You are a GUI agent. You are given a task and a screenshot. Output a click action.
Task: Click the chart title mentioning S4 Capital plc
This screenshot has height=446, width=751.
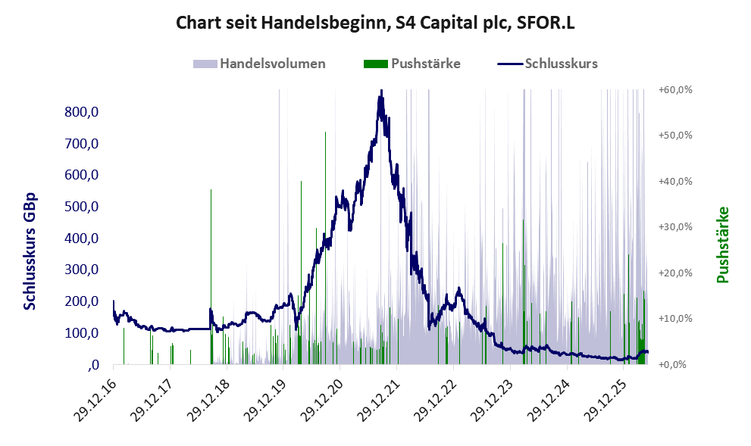tap(375, 23)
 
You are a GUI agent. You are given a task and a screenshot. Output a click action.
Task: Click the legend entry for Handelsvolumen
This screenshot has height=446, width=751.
tap(259, 64)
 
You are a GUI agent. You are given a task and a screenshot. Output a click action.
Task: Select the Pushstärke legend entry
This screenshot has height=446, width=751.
tap(412, 64)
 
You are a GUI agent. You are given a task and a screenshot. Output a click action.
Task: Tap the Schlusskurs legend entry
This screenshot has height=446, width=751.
tap(547, 64)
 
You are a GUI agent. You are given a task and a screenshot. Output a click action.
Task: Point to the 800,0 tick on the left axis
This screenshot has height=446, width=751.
tap(81, 112)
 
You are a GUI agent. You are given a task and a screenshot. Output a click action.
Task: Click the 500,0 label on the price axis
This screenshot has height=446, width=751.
tap(81, 207)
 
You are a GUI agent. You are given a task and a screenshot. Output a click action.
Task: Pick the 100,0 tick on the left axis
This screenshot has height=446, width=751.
tap(81, 333)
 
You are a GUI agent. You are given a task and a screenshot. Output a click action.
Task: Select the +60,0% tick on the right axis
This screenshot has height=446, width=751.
tap(675, 89)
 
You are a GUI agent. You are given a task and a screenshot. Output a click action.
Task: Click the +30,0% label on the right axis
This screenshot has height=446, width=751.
tap(675, 227)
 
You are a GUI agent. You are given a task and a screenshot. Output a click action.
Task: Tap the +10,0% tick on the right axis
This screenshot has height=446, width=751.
tap(675, 319)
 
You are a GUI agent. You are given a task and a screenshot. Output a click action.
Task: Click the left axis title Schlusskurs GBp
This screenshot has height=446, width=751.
tap(30, 251)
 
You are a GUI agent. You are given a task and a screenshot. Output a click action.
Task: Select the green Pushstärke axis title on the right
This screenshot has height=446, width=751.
tap(723, 245)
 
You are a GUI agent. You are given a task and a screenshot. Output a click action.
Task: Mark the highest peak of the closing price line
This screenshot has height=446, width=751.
tap(380, 90)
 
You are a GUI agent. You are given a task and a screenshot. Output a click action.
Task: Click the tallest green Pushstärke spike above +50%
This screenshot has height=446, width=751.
tap(325, 248)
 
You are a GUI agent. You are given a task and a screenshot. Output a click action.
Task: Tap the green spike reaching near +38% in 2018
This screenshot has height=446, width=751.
tap(211, 277)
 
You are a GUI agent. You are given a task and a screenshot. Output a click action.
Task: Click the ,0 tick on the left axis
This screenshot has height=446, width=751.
tap(93, 366)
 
